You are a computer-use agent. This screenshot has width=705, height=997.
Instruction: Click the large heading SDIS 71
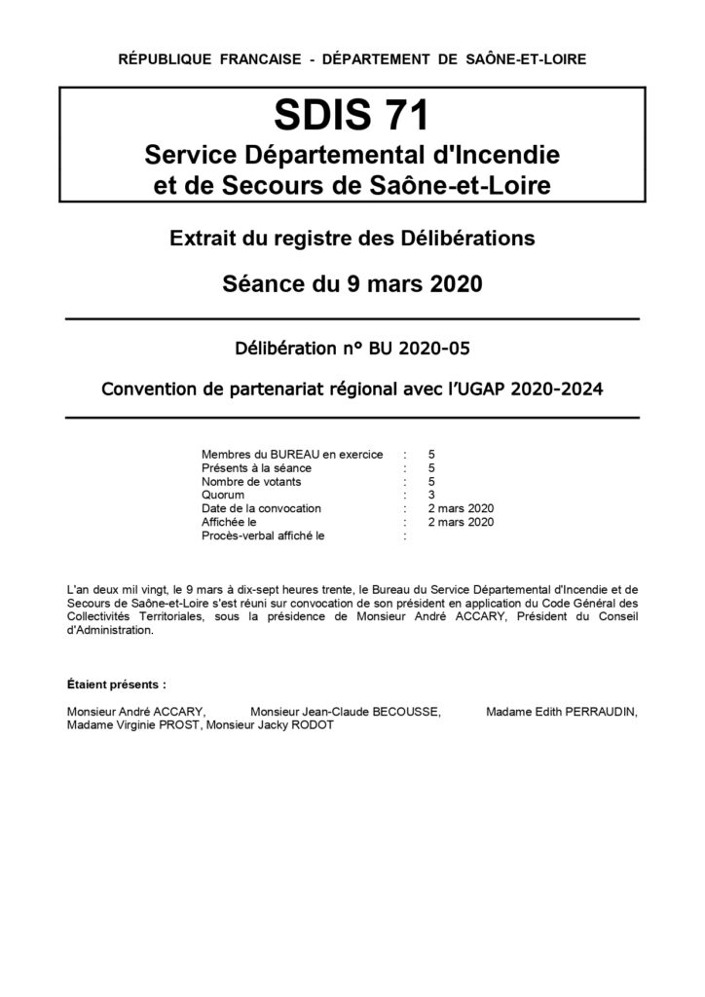[352, 116]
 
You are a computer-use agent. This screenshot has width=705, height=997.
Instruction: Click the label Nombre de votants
[251, 481]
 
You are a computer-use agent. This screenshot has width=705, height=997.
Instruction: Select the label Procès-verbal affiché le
[262, 535]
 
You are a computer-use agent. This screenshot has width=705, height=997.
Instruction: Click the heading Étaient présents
[117, 684]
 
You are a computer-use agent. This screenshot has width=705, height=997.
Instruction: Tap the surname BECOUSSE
[397, 712]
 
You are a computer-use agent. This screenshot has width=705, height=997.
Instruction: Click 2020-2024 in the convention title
[562, 389]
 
